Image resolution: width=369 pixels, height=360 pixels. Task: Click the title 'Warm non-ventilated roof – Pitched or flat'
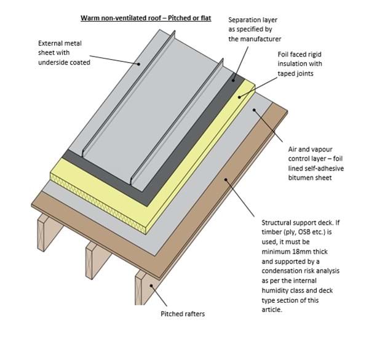[146, 18]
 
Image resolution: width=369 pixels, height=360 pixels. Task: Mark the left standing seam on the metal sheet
[113, 108]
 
